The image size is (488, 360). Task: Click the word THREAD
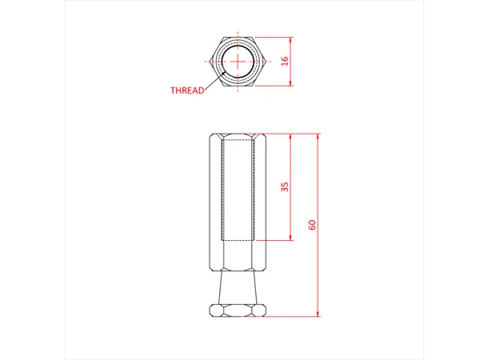187,90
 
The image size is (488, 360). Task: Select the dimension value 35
285,186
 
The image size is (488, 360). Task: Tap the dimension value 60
313,225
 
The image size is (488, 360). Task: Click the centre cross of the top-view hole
238,61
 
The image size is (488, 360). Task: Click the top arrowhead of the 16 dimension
291,39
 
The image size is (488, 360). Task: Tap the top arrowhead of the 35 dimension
291,136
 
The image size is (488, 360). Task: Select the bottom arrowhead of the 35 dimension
291,237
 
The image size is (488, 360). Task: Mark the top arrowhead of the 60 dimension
319,136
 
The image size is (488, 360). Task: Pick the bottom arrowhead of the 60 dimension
319,314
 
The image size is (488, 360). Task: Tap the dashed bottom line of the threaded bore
238,240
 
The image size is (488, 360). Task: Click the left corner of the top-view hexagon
212,61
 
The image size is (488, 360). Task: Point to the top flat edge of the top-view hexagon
238,38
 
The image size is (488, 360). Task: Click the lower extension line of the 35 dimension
276,240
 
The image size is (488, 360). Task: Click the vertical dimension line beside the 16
291,72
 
